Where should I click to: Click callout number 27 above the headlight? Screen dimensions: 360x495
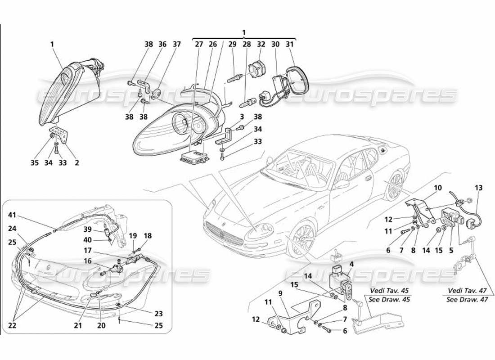(x=199, y=44)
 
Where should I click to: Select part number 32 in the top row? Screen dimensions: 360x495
(x=261, y=44)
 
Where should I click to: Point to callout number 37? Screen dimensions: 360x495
(x=177, y=44)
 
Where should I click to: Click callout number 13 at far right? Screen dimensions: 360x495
(x=478, y=188)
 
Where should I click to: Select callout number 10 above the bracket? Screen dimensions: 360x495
(x=437, y=187)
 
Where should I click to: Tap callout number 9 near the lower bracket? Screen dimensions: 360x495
(x=280, y=293)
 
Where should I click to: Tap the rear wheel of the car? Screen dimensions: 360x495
(x=396, y=186)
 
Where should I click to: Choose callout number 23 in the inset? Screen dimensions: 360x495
(x=158, y=314)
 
